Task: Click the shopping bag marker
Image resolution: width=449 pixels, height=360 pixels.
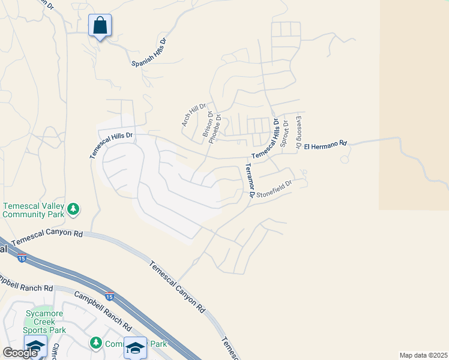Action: pos(100,26)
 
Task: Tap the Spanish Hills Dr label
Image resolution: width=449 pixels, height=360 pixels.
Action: pos(148,53)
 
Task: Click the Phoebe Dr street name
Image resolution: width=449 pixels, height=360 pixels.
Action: pos(217,127)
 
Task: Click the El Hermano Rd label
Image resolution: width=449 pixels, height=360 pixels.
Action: pos(326,145)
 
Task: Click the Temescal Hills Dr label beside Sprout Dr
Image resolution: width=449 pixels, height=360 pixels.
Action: pos(266,139)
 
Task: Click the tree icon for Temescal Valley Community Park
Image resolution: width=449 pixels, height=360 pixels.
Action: pos(73,209)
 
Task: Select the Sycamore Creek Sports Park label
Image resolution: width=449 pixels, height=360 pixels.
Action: pos(44,322)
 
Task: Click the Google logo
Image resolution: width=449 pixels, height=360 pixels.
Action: pos(20,353)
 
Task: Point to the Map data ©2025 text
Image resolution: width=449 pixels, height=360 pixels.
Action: pos(423,355)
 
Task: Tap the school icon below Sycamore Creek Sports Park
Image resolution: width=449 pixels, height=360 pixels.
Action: pos(35,346)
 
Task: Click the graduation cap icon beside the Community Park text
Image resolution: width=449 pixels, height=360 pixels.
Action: pos(135,347)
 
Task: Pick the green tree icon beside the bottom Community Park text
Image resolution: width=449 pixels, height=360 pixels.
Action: pos(95,343)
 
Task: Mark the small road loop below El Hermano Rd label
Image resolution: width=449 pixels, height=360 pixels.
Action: pos(345,159)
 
